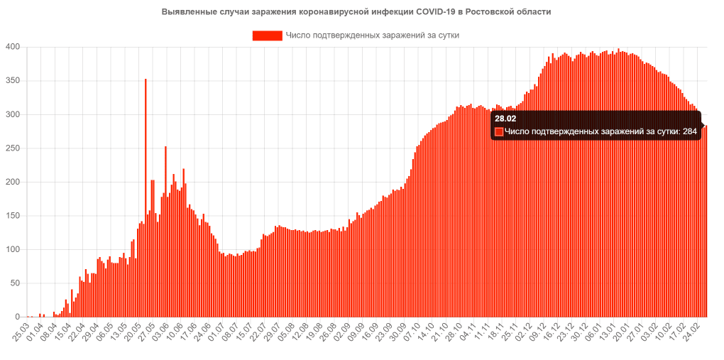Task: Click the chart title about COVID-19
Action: (356, 12)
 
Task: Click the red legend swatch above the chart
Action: (267, 35)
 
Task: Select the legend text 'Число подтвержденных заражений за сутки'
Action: (373, 35)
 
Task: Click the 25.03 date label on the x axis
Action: (21, 331)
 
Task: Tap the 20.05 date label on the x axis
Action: (133, 331)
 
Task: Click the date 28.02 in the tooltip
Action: (505, 119)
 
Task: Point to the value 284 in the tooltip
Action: (689, 131)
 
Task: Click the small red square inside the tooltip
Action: (499, 131)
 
